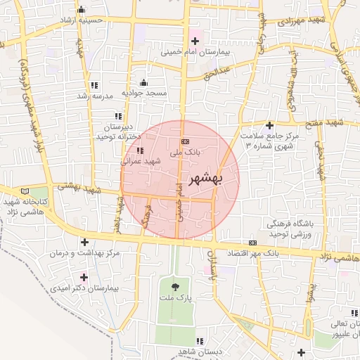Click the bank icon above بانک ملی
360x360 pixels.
point(184,142)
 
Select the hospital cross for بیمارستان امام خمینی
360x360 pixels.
point(195,41)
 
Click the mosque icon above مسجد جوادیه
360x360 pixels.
point(144,82)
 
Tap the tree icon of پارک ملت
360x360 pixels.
point(174,285)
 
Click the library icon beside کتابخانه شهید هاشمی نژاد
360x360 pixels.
point(26,191)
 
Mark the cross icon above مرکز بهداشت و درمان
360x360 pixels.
point(84,242)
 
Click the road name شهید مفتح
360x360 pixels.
point(329,123)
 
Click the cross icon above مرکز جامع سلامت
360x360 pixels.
point(269,124)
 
